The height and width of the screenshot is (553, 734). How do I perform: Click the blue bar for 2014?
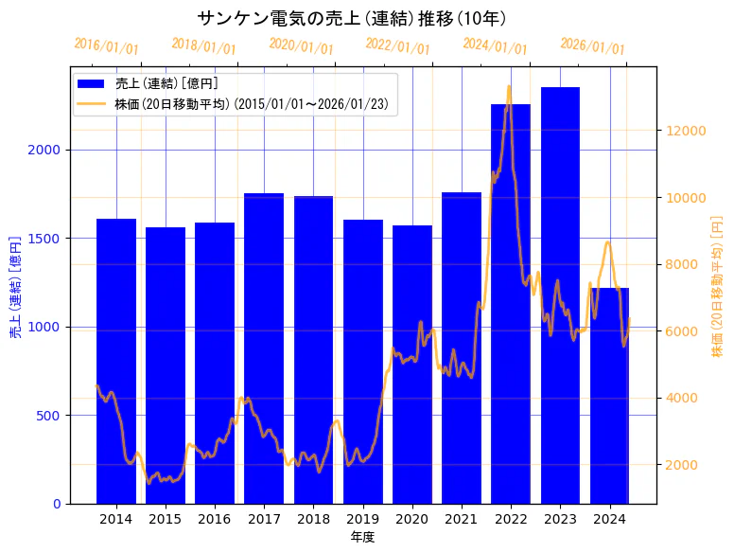tap(116, 360)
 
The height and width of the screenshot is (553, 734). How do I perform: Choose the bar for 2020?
tap(412, 364)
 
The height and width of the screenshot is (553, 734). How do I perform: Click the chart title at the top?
tap(352, 18)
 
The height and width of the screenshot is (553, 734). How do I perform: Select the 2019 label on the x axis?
tap(362, 519)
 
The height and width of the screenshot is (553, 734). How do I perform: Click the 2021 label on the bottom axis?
tap(462, 519)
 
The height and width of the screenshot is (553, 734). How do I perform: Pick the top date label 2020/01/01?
tap(301, 45)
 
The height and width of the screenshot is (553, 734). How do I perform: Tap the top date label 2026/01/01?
tap(592, 45)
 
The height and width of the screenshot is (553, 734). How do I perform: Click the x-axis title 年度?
tap(362, 537)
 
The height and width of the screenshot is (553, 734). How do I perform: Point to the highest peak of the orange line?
tap(509, 86)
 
